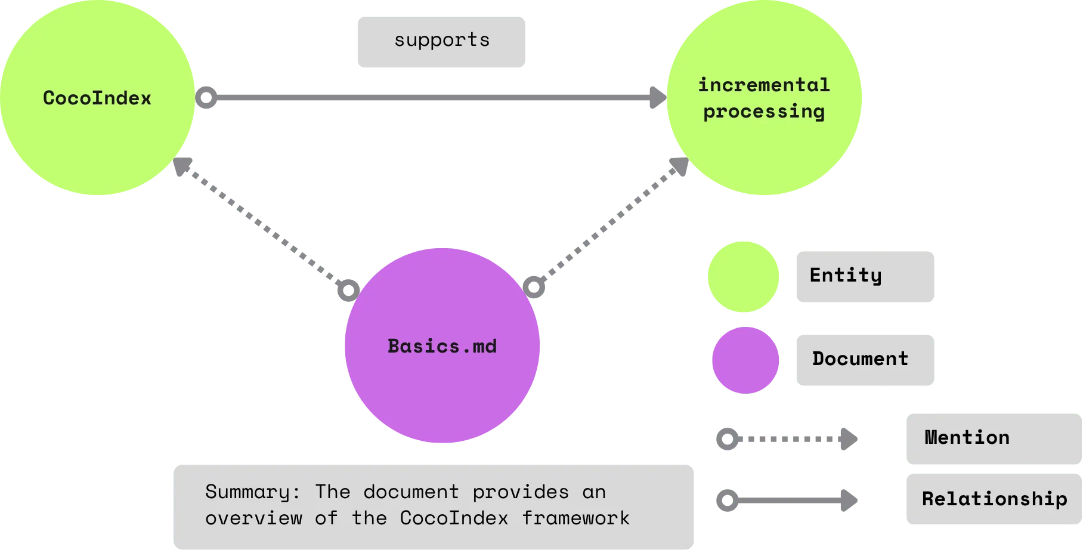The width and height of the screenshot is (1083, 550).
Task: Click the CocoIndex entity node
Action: coord(97,98)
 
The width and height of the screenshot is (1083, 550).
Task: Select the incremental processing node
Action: coord(764,98)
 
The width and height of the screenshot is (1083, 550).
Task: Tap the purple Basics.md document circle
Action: coord(442,346)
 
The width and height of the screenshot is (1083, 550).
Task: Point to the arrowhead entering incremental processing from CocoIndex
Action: coord(658,98)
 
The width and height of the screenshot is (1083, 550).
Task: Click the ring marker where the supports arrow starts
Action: coord(206,98)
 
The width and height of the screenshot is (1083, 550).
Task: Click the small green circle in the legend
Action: coord(744,277)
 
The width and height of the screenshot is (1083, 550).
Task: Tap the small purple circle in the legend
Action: coord(745,360)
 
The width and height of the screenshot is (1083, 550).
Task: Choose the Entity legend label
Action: coord(863,276)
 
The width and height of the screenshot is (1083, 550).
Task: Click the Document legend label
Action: coord(863,360)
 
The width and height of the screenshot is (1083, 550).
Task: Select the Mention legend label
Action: coord(994,438)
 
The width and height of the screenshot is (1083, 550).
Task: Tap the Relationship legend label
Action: coord(994,499)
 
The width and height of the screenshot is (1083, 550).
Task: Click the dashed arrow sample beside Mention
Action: coord(787,440)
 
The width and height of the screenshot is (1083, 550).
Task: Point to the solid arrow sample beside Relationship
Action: coord(787,500)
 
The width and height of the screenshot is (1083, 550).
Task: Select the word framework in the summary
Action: coord(575,518)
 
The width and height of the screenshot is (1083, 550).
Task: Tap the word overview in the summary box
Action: coord(253,518)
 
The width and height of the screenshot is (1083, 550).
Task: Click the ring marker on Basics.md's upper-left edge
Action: coord(348,291)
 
